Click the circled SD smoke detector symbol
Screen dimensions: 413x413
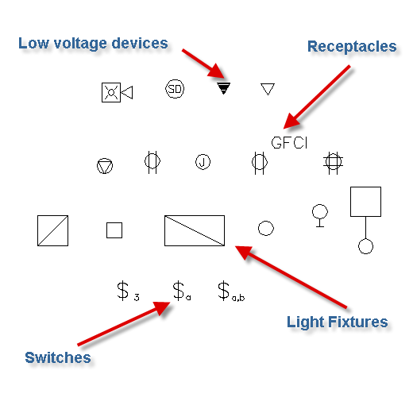click(175, 89)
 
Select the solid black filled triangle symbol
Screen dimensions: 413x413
click(223, 88)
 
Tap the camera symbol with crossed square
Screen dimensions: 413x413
click(117, 92)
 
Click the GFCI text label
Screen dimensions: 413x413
click(289, 143)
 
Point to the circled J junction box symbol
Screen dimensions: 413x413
click(203, 162)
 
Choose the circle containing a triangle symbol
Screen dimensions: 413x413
click(105, 166)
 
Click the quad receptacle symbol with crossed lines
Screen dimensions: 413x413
click(333, 162)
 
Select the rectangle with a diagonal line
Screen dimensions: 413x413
click(195, 230)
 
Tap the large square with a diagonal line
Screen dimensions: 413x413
click(52, 230)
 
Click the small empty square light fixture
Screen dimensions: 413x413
click(114, 230)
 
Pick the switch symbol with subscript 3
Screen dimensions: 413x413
click(128, 291)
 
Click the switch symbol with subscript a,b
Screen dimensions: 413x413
click(231, 291)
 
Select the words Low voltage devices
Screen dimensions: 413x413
click(93, 44)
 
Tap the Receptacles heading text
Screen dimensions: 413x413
click(352, 47)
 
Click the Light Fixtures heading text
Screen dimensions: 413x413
click(338, 322)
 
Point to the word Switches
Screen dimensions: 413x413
click(58, 357)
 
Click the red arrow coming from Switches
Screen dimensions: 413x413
click(124, 323)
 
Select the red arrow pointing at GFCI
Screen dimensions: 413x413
click(317, 97)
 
